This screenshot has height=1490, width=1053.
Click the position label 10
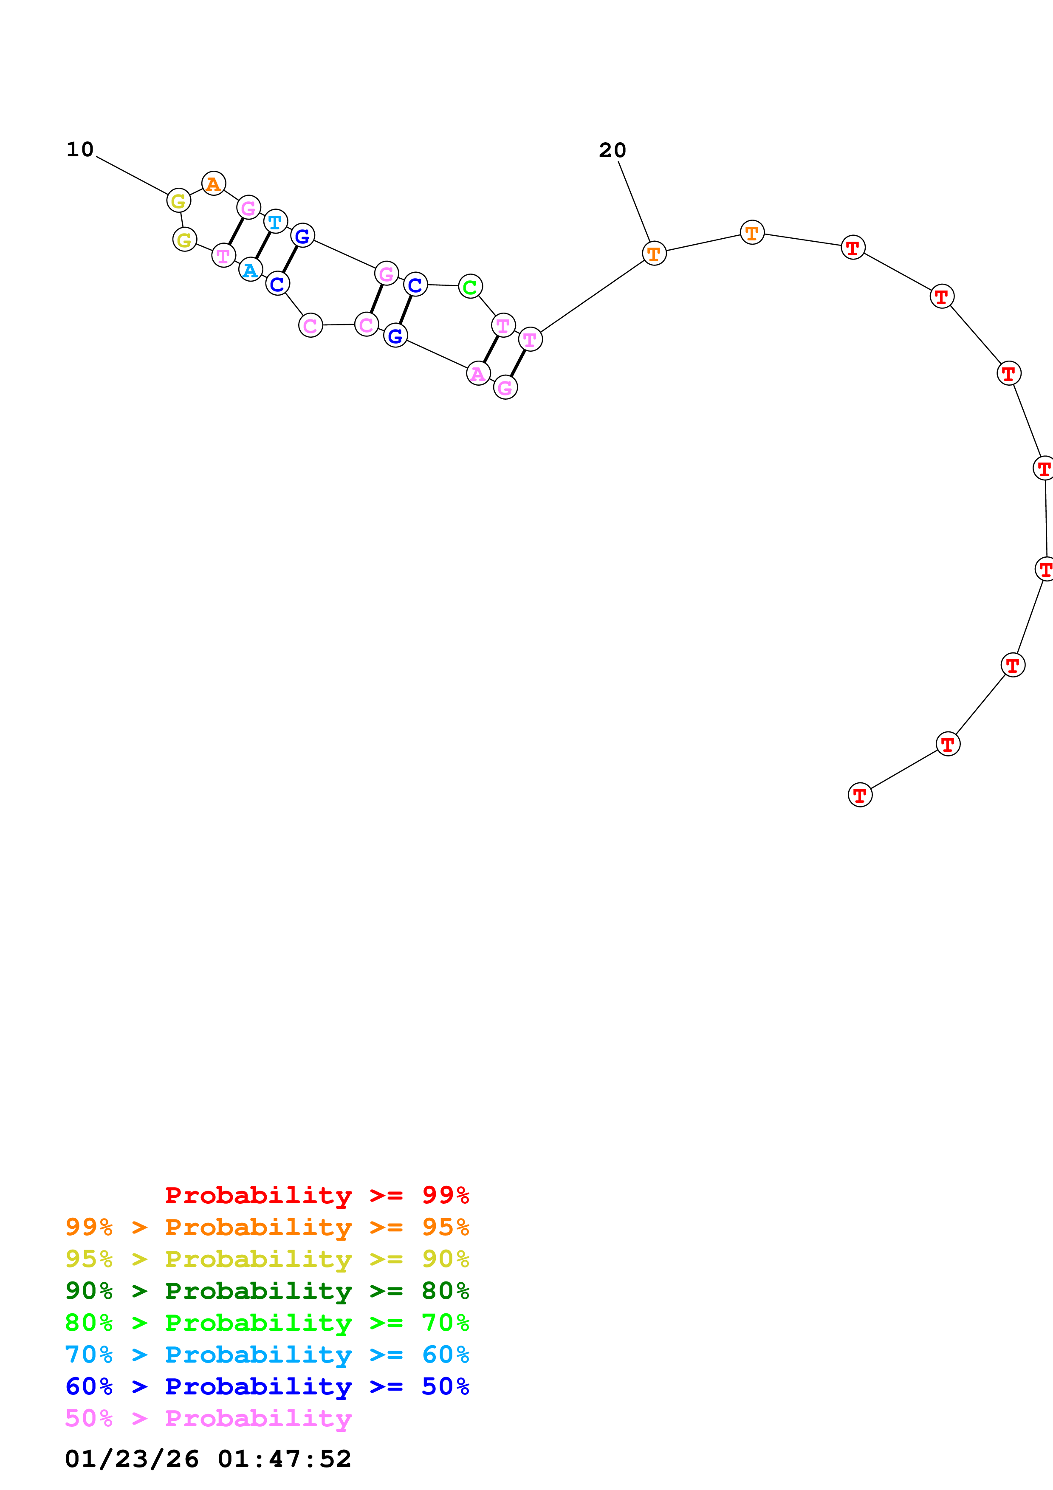(80, 150)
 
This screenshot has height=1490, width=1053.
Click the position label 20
(612, 150)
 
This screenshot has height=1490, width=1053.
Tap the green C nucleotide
(470, 286)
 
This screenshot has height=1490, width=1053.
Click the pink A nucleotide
(478, 373)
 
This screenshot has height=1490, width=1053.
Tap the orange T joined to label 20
(654, 253)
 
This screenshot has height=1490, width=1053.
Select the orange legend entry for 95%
(267, 1227)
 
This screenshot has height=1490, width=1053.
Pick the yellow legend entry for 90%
(267, 1259)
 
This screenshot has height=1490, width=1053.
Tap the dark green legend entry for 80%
(267, 1291)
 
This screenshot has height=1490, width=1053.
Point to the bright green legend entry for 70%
(267, 1323)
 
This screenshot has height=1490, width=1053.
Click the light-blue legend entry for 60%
(267, 1355)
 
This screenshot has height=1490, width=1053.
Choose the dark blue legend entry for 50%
(267, 1386)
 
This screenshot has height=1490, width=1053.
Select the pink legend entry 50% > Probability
(208, 1418)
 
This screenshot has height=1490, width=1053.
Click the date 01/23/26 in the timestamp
(132, 1459)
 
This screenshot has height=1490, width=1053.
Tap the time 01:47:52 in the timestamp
(284, 1459)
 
